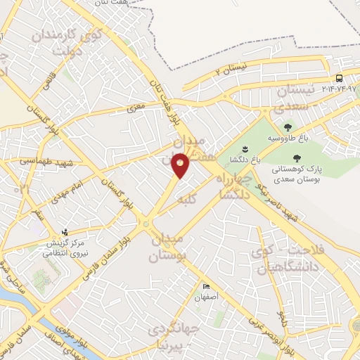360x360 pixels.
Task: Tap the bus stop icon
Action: (x=340, y=78)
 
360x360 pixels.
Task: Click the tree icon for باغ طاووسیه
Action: (x=287, y=127)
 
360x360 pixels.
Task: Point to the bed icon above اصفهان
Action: (x=206, y=287)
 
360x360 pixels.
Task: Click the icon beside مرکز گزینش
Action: (x=66, y=231)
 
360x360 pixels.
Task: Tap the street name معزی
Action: (x=135, y=110)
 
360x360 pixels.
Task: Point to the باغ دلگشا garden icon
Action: (x=245, y=148)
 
